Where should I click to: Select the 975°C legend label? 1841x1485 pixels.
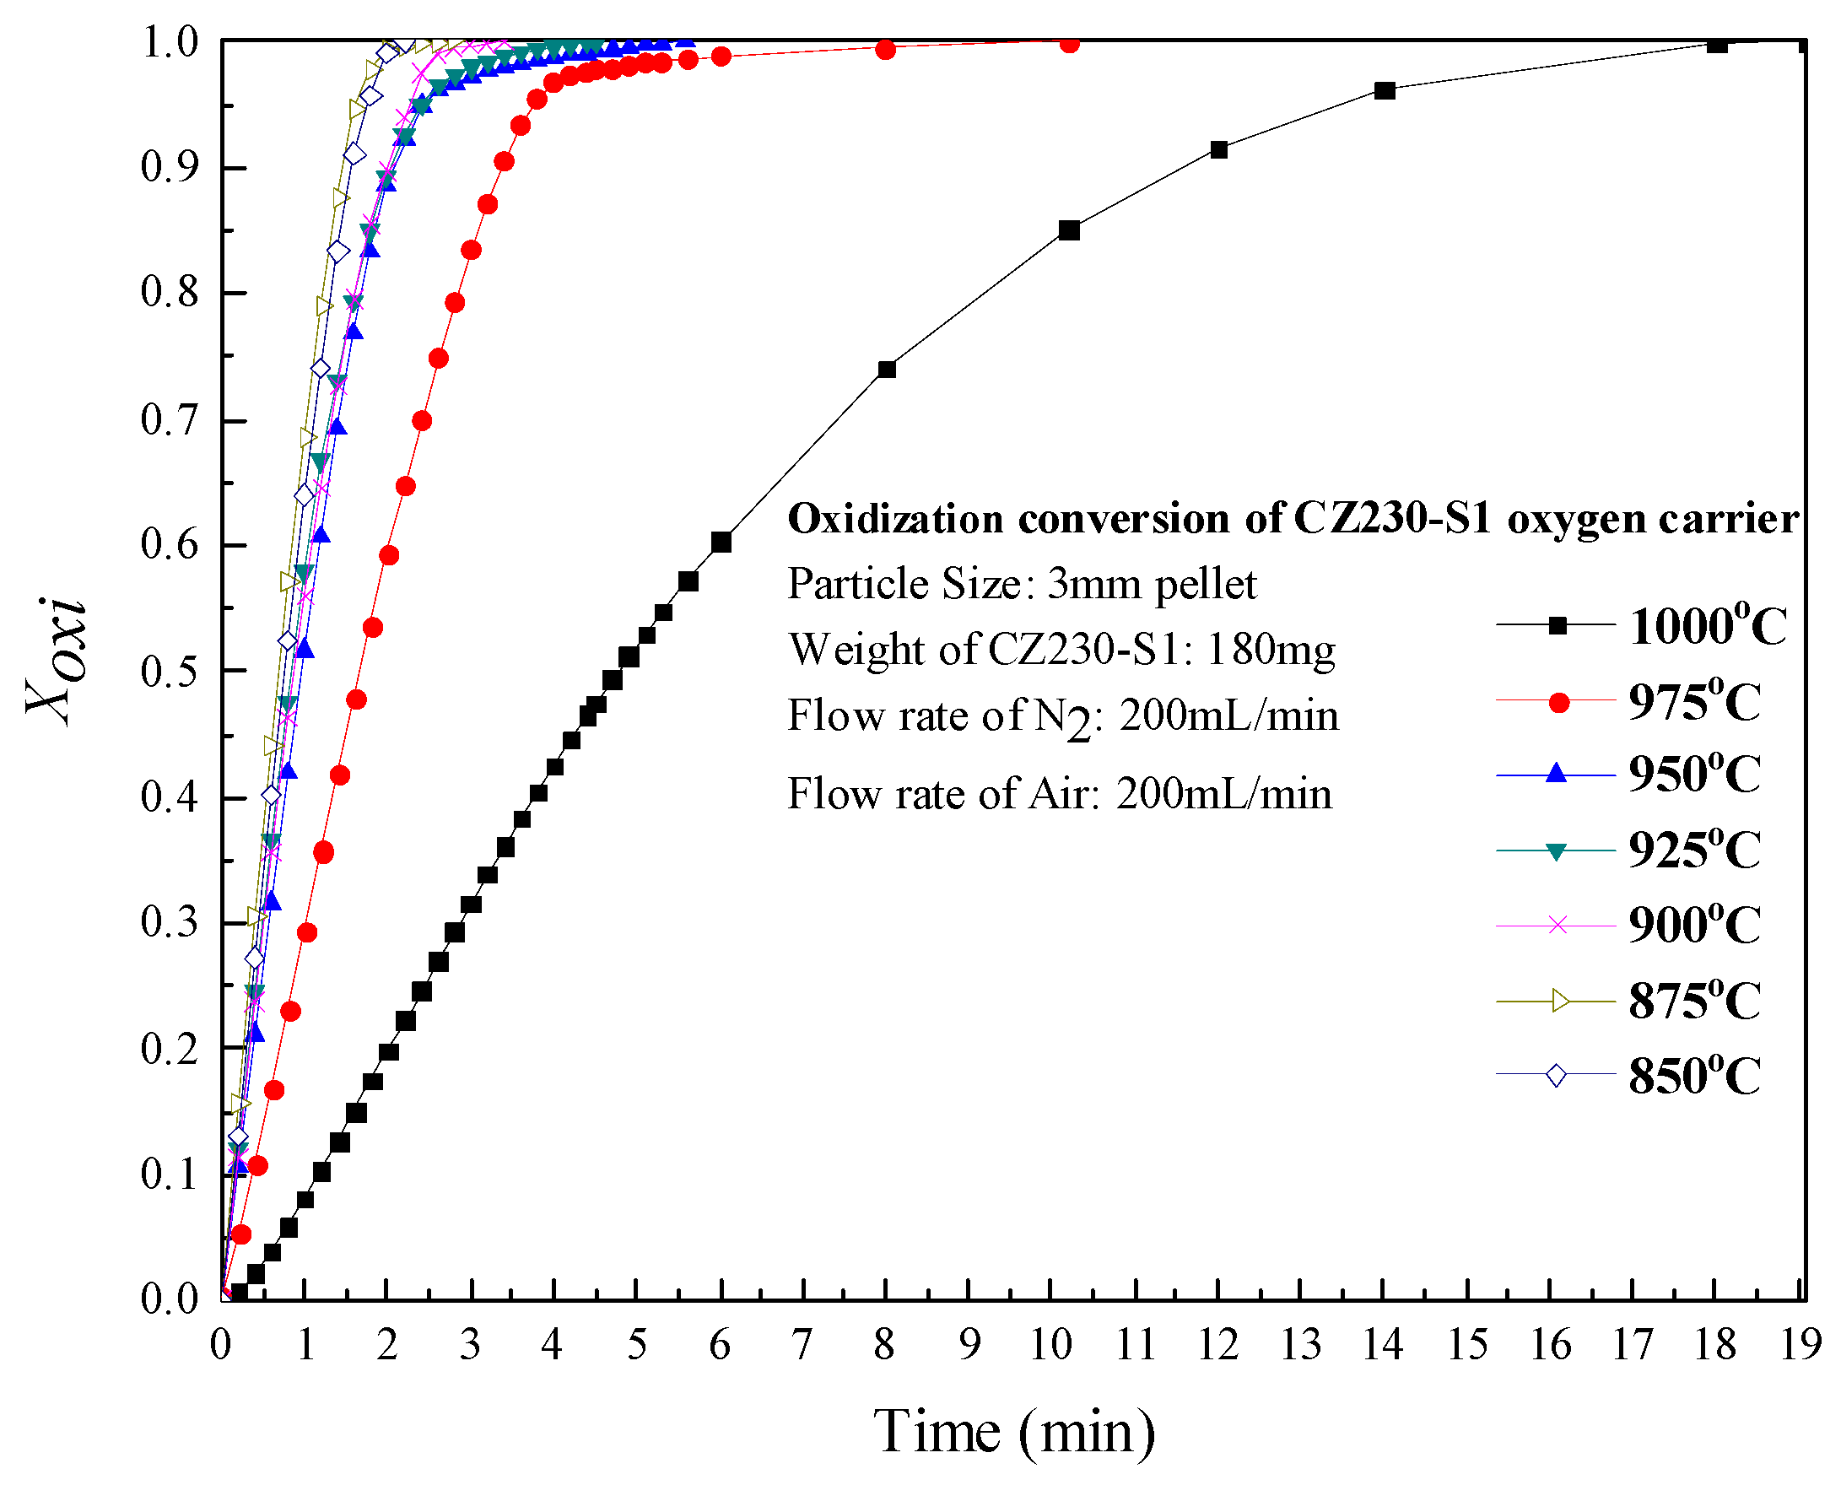tap(1694, 702)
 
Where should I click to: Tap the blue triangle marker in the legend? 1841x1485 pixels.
tap(1557, 775)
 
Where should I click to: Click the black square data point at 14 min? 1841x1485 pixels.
tap(1385, 90)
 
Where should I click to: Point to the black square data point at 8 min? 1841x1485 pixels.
tap(886, 370)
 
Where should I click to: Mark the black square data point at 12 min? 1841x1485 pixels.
tap(1219, 149)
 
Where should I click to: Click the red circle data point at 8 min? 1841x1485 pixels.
tap(886, 50)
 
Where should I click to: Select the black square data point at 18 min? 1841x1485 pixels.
tap(1716, 45)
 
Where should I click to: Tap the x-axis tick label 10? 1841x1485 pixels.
tap(1051, 1346)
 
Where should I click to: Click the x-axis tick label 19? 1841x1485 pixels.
tap(1800, 1346)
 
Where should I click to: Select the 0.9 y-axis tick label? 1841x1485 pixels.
tap(170, 169)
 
